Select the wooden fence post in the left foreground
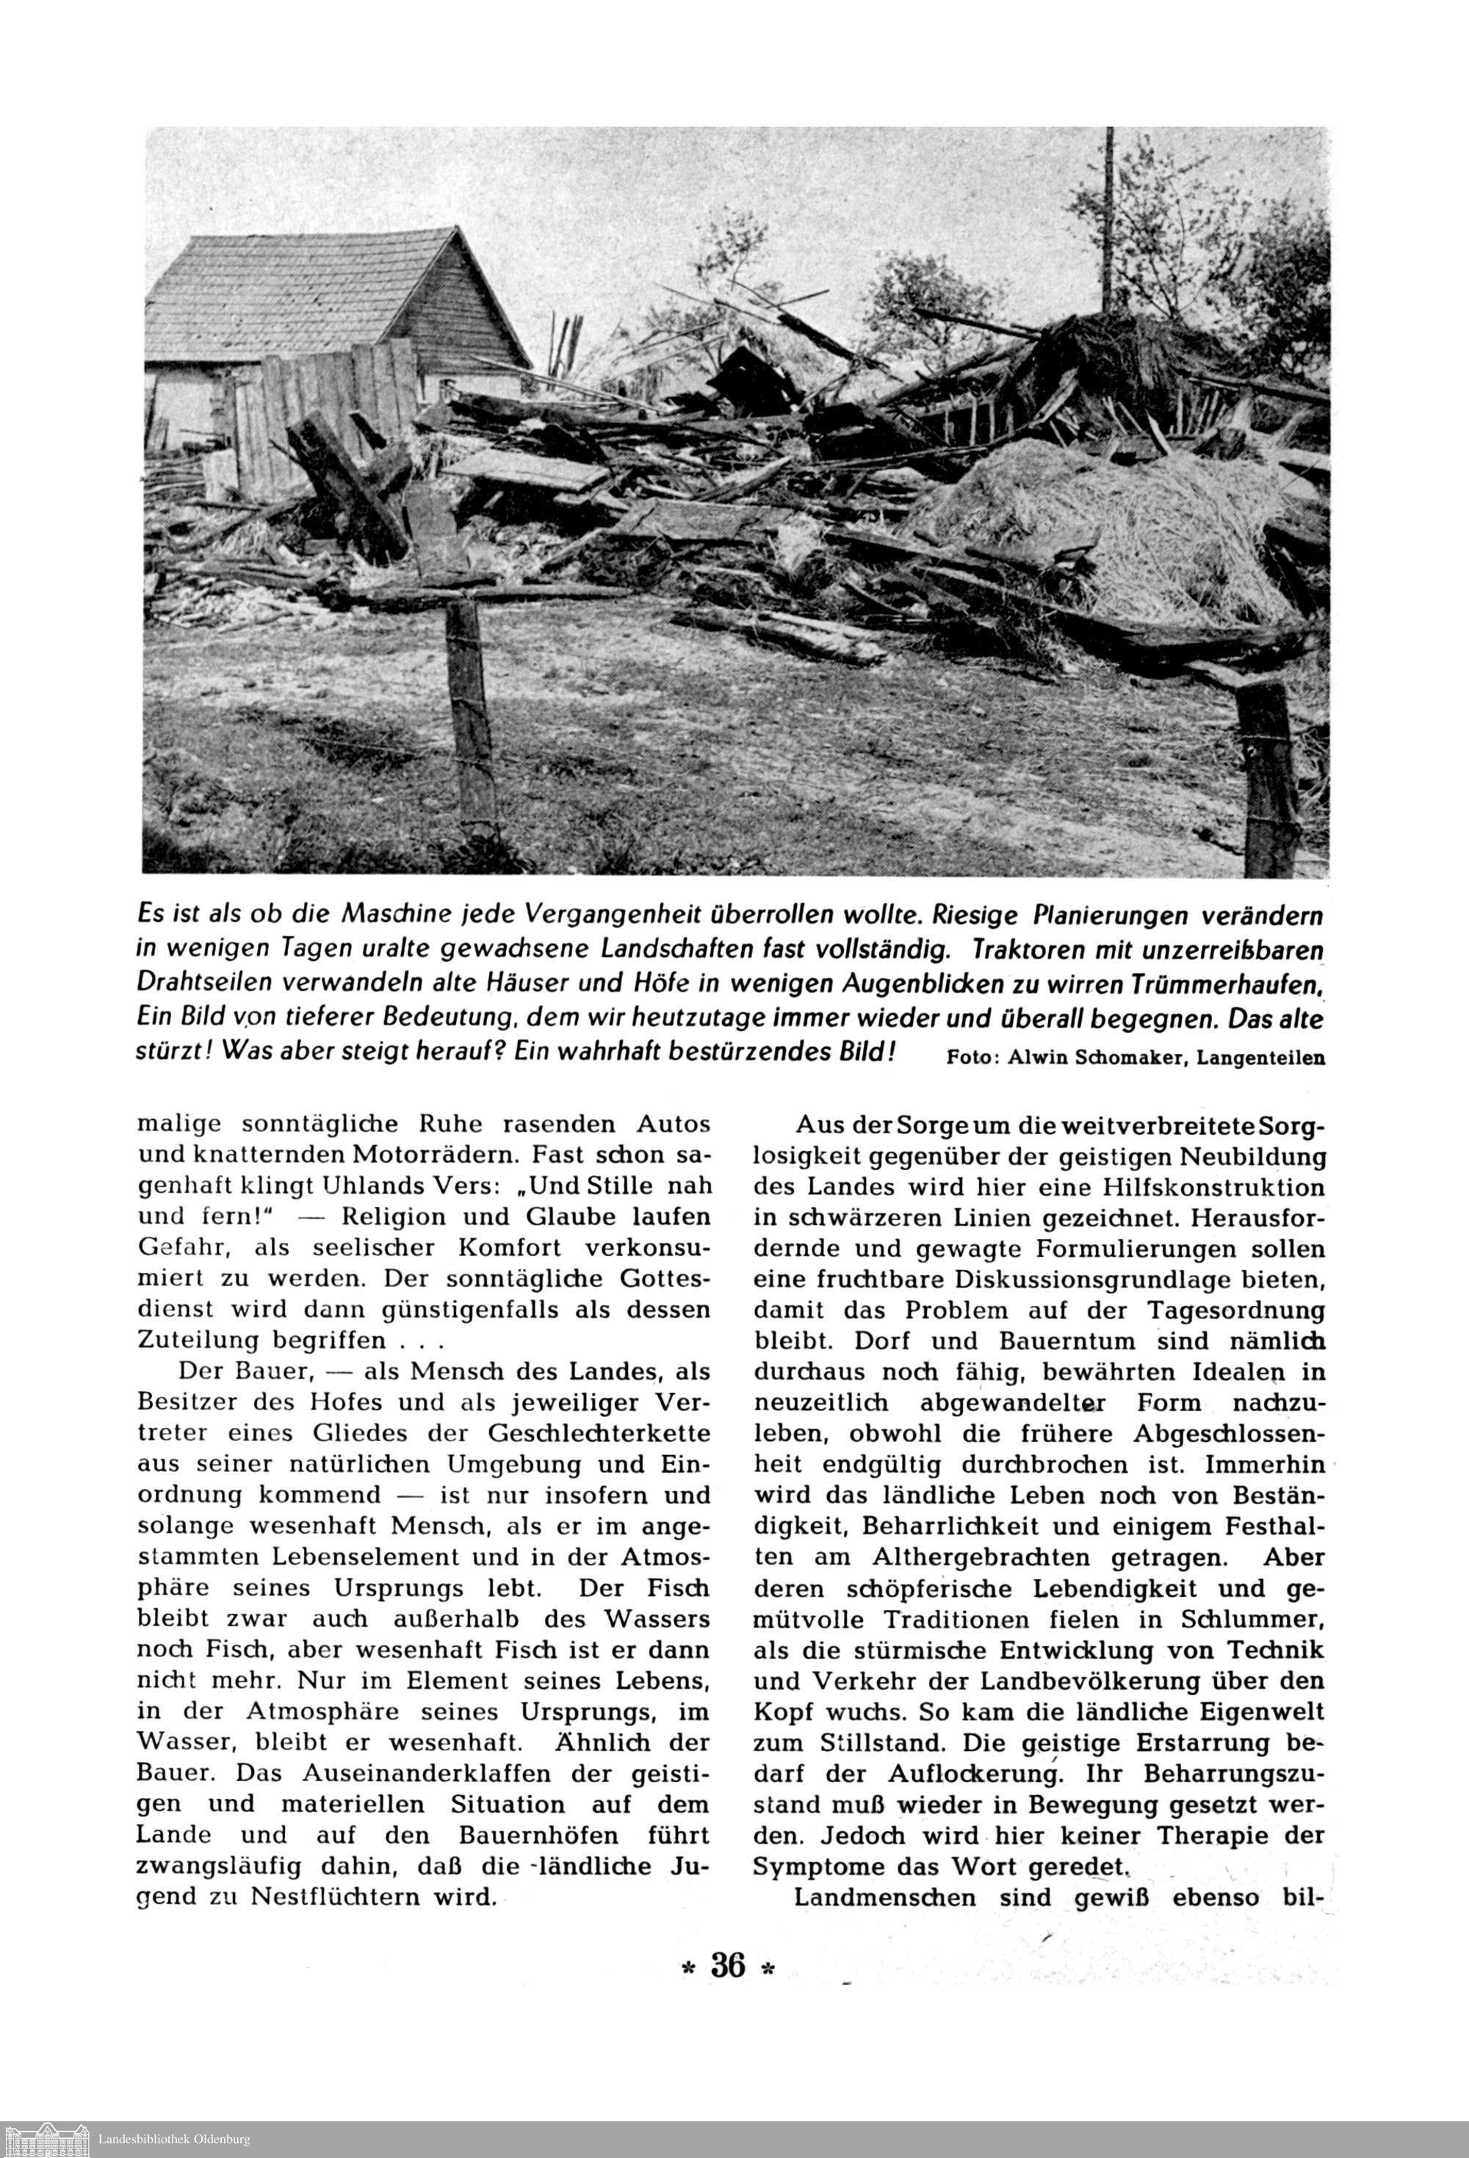pyautogui.click(x=472, y=715)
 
